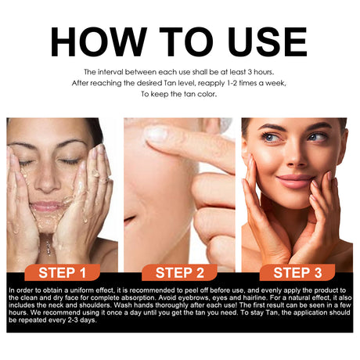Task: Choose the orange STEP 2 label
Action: (x=179, y=272)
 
